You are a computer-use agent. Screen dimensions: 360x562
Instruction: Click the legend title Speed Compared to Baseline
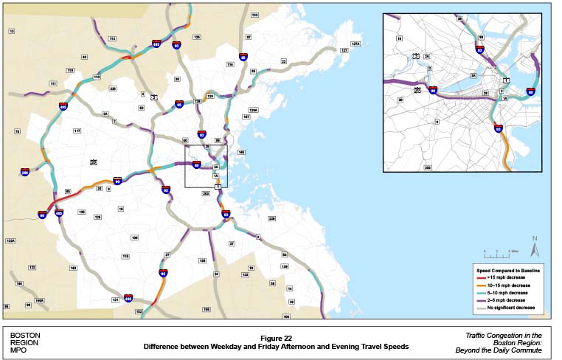pyautogui.click(x=509, y=271)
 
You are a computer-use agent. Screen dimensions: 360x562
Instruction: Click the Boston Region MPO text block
pyautogui.click(x=26, y=341)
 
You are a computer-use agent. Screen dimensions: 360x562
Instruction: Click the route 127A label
pyautogui.click(x=355, y=44)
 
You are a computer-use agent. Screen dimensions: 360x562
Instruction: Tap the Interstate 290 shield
pyautogui.click(x=25, y=172)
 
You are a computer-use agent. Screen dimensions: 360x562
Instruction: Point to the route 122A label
pyautogui.click(x=10, y=240)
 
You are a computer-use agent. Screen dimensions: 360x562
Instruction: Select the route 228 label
pyautogui.click(x=271, y=218)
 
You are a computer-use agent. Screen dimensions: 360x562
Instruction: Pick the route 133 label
pyautogui.click(x=255, y=15)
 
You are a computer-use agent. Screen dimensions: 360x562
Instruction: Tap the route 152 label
pyautogui.click(x=138, y=312)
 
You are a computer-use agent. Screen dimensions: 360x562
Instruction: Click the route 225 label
pyautogui.click(x=113, y=89)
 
